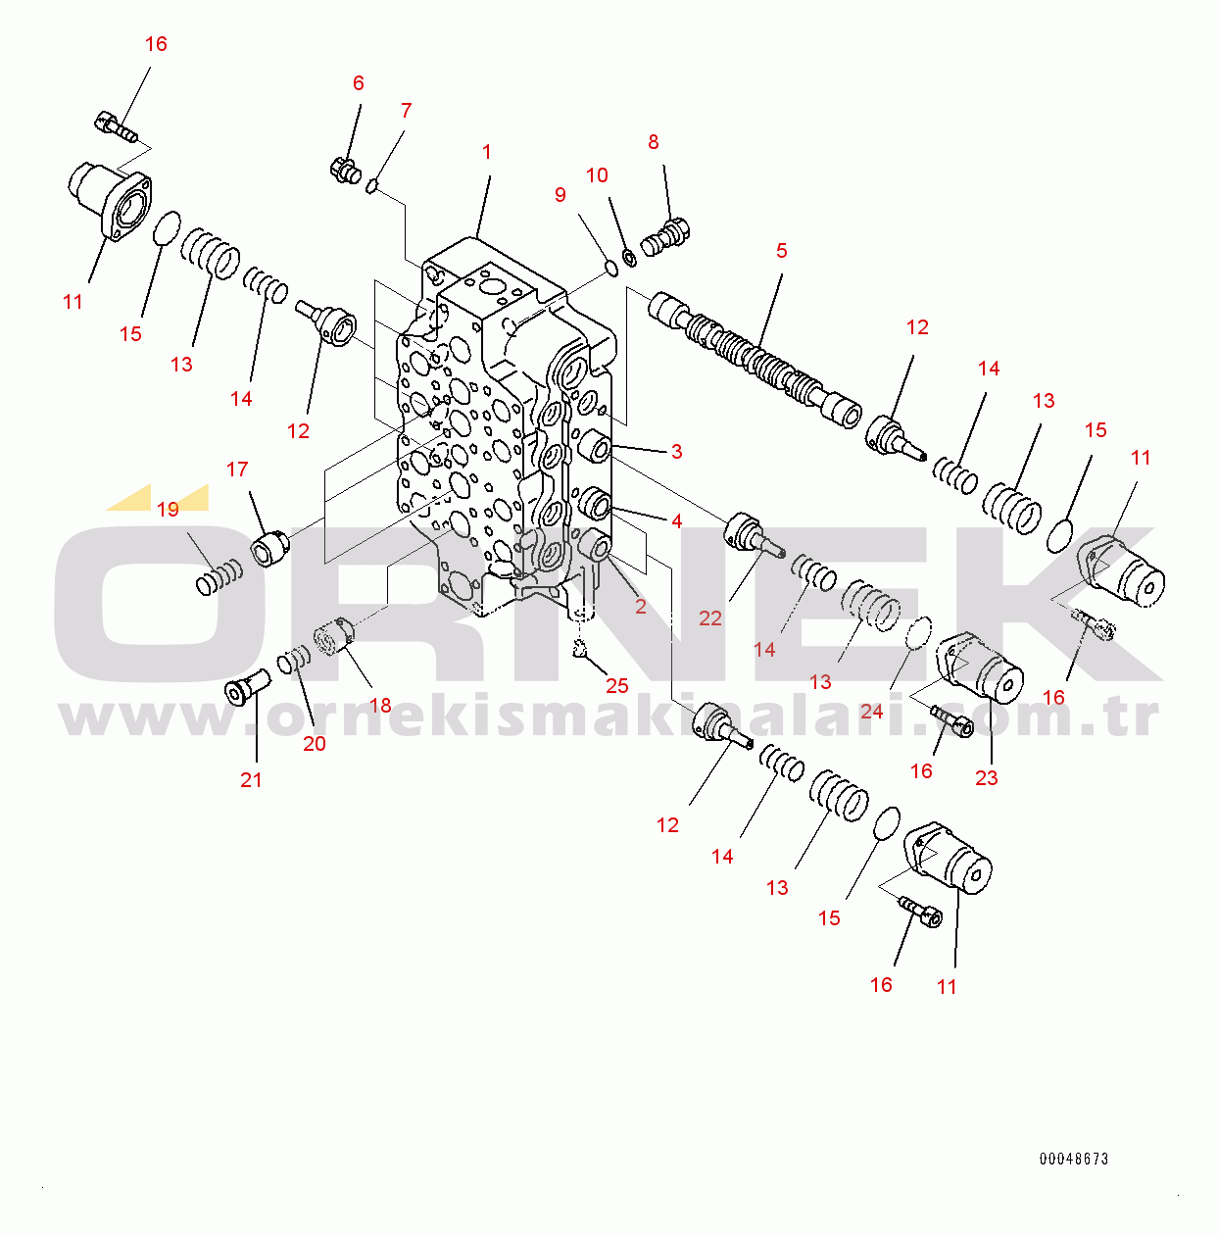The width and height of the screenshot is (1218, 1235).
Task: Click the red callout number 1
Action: click(487, 152)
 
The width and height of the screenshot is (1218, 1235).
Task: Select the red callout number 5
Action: click(782, 251)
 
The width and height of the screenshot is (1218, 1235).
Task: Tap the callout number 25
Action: click(617, 686)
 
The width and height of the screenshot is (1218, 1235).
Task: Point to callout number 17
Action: click(237, 469)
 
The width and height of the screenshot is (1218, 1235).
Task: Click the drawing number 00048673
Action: click(1074, 1159)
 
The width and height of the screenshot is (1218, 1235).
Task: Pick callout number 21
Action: click(251, 780)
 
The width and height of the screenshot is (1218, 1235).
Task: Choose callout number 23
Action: click(987, 777)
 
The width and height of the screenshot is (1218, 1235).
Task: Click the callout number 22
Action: click(710, 618)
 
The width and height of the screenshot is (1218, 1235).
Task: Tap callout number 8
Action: click(654, 142)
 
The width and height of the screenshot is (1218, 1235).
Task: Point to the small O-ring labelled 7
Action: click(372, 187)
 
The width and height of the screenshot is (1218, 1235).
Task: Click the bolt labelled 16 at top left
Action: click(117, 128)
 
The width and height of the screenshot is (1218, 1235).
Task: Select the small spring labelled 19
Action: click(219, 576)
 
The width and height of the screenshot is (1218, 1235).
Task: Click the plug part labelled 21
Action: click(247, 687)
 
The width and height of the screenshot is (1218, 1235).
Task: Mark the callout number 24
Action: click(872, 712)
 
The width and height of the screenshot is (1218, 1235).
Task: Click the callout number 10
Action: click(597, 175)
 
